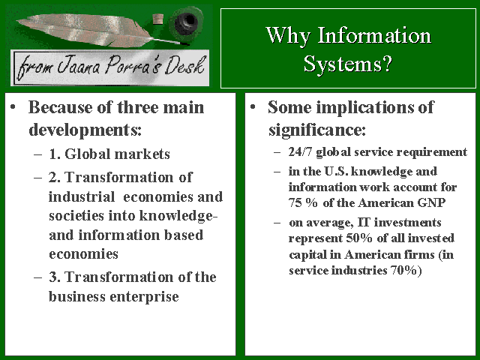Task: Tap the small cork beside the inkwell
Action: point(158,19)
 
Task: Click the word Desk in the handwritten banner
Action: point(184,65)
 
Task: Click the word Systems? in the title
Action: point(348,64)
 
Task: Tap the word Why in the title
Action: point(288,36)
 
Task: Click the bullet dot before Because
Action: point(13,106)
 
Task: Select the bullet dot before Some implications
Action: point(253,106)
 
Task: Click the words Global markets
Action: point(117,154)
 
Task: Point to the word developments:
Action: point(85,130)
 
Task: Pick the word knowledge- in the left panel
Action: point(178,215)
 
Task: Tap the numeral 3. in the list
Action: point(55,277)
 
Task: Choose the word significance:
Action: point(317,130)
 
